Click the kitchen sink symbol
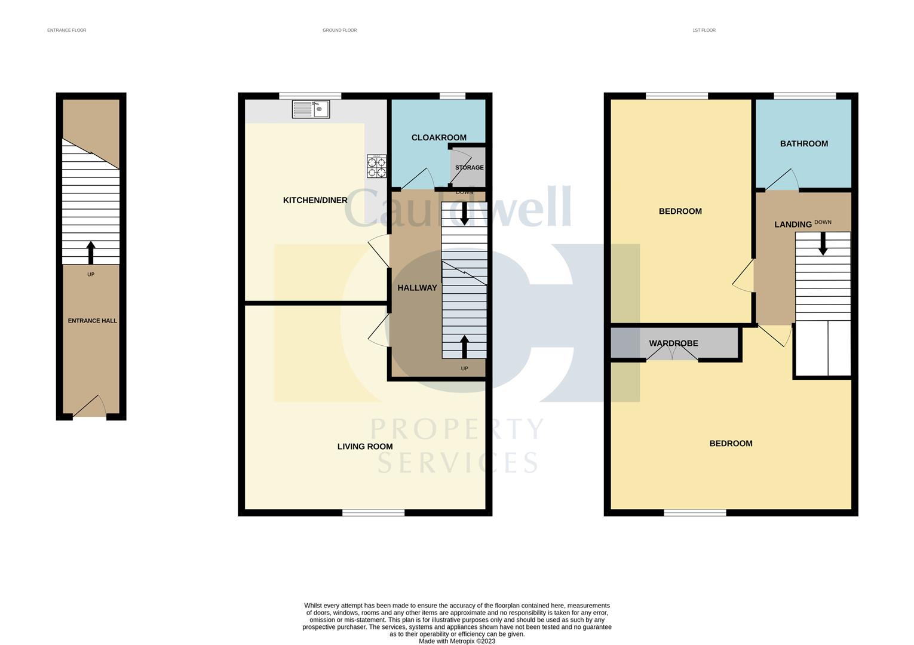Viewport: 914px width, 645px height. pos(311,109)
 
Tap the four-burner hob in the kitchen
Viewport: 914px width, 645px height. pos(376,167)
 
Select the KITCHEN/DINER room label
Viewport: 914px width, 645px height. pos(315,200)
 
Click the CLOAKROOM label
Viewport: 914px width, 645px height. pos(438,138)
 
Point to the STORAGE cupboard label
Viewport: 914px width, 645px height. pos(469,168)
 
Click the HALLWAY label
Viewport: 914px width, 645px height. pos(417,288)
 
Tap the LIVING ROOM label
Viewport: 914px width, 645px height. pos(364,447)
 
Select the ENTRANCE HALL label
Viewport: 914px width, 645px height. pos(92,321)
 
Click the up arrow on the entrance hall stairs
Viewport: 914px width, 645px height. pos(91,252)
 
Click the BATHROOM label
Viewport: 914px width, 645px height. pos(803,144)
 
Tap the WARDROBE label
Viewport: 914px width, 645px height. pos(673,343)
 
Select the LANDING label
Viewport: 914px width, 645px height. pos(793,225)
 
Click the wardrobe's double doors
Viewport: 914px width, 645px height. pos(673,354)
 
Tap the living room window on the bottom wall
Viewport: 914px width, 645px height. pos(373,512)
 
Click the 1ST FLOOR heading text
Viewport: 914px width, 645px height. pos(704,30)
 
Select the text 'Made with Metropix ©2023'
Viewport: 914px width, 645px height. pos(457,641)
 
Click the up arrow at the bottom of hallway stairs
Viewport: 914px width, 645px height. pos(464,346)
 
